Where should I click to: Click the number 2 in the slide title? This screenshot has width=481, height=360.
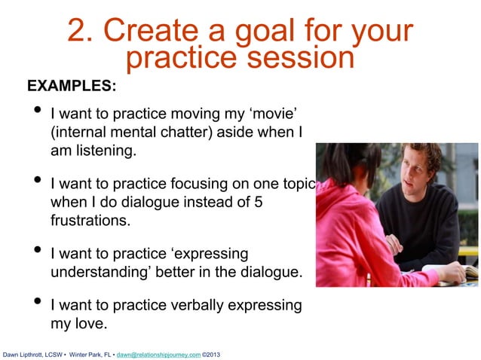point(76,32)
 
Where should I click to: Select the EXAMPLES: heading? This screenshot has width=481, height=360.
point(72,86)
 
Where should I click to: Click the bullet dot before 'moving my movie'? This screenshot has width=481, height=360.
point(35,113)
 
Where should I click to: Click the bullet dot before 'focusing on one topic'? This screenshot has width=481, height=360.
point(35,182)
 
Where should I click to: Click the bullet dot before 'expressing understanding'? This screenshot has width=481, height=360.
point(35,252)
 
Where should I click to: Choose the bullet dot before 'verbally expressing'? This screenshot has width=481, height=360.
point(35,305)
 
